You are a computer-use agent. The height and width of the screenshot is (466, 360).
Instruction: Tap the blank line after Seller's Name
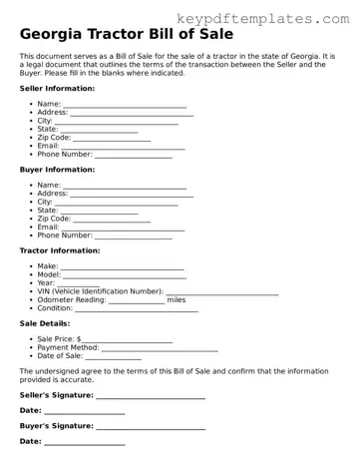tap(125, 105)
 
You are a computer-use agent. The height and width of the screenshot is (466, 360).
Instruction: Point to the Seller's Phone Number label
tap(64, 154)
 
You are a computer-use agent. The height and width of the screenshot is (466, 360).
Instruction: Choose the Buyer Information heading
tap(57, 170)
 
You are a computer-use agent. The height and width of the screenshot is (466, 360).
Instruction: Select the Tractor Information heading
tap(60, 250)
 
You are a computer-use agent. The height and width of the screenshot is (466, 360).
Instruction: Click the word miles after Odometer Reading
tap(177, 299)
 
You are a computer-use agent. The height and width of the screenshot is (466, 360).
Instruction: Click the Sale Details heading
tap(45, 323)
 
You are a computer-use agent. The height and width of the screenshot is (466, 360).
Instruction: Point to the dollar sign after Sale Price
tap(79, 339)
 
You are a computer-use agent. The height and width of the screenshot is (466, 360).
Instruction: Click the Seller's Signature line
tap(151, 396)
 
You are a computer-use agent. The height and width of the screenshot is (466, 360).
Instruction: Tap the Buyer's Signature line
tap(151, 427)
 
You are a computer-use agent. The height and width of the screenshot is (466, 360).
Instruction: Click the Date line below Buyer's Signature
tap(85, 442)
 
